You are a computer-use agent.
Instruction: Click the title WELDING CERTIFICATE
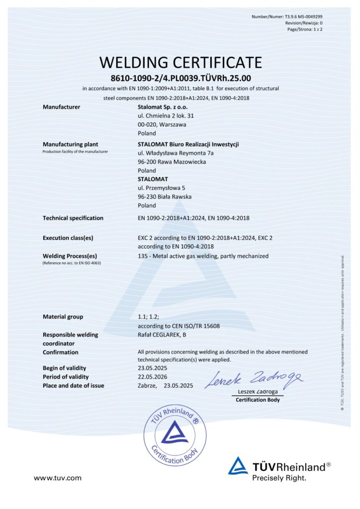pyautogui.click(x=180, y=63)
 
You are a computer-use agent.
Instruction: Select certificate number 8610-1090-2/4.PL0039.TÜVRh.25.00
pyautogui.click(x=180, y=78)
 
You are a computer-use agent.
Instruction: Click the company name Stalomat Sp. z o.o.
pyautogui.click(x=163, y=107)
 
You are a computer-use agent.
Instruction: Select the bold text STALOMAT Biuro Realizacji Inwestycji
pyautogui.click(x=188, y=144)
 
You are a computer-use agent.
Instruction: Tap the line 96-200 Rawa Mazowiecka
pyautogui.click(x=172, y=162)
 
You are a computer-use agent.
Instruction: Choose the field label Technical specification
pyautogui.click(x=73, y=218)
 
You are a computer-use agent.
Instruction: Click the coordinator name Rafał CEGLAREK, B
pyautogui.click(x=163, y=335)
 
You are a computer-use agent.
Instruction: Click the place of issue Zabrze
pyautogui.click(x=147, y=386)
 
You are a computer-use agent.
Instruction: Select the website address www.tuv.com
pyautogui.click(x=57, y=478)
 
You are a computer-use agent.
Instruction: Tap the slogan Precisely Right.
pyautogui.click(x=279, y=478)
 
